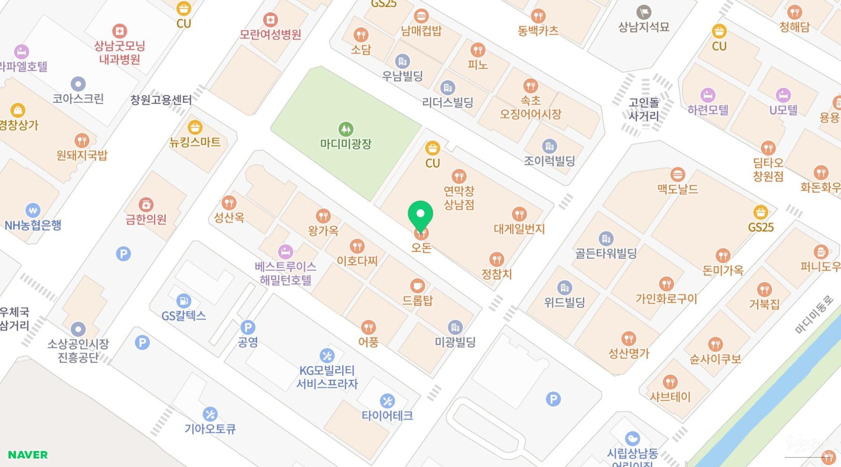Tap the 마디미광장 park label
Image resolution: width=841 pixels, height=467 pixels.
[x=345, y=144]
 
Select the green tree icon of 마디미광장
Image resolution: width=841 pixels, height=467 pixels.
[x=346, y=129]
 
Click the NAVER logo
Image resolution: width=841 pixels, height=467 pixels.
[x=28, y=454]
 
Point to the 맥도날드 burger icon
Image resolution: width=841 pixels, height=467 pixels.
[x=677, y=175]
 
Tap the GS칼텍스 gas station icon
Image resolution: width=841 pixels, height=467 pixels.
[x=183, y=300]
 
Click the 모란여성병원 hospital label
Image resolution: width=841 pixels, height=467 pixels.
[x=270, y=34]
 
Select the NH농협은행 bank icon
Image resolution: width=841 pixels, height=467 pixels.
[x=32, y=210]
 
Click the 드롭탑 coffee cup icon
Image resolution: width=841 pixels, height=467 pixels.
[x=417, y=285]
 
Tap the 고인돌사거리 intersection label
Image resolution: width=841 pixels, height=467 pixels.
[x=644, y=109]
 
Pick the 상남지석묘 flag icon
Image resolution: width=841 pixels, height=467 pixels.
[x=644, y=12]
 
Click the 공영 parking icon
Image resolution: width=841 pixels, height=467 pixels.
[x=248, y=327]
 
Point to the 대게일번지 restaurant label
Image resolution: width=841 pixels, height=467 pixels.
[x=519, y=229]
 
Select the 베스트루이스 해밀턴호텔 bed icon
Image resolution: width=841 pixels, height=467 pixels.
[x=285, y=252]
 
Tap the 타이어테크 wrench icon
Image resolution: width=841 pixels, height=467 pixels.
[x=387, y=401]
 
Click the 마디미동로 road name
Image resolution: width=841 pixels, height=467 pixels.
[x=814, y=314]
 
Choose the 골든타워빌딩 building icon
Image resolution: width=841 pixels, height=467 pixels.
[x=606, y=238]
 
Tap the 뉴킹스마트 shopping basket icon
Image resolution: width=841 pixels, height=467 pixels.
[x=195, y=127]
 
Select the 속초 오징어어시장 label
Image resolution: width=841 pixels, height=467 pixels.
[x=530, y=107]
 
